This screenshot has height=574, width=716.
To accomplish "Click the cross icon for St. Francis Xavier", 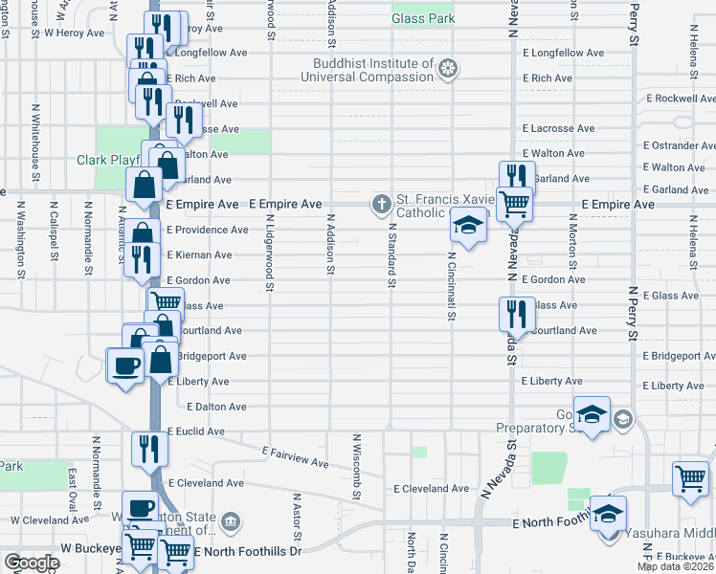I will [x=381, y=204].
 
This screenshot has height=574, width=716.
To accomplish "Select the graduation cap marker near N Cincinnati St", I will [x=466, y=226].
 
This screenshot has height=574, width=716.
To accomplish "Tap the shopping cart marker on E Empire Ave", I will [x=515, y=203].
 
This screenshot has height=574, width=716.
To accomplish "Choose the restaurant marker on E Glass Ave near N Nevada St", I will [x=514, y=312].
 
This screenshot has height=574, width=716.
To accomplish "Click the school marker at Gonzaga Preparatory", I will [x=592, y=413].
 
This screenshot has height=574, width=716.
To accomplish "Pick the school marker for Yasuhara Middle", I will [x=608, y=514].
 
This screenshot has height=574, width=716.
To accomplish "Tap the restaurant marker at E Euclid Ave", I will [x=147, y=447].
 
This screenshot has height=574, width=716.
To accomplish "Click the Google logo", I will [x=31, y=563].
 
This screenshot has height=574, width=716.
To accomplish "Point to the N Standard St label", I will [x=392, y=254].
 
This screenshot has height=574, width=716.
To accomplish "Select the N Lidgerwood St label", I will [x=271, y=254].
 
